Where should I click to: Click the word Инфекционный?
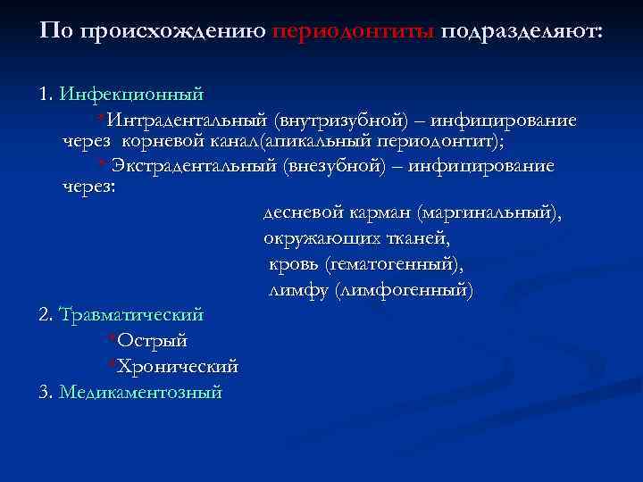tap(131, 94)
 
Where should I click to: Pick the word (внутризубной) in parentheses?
tap(341, 120)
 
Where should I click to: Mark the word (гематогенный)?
tap(395, 265)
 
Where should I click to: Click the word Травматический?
tap(131, 315)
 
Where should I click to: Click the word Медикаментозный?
tap(140, 392)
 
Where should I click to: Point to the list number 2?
tap(46, 315)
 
